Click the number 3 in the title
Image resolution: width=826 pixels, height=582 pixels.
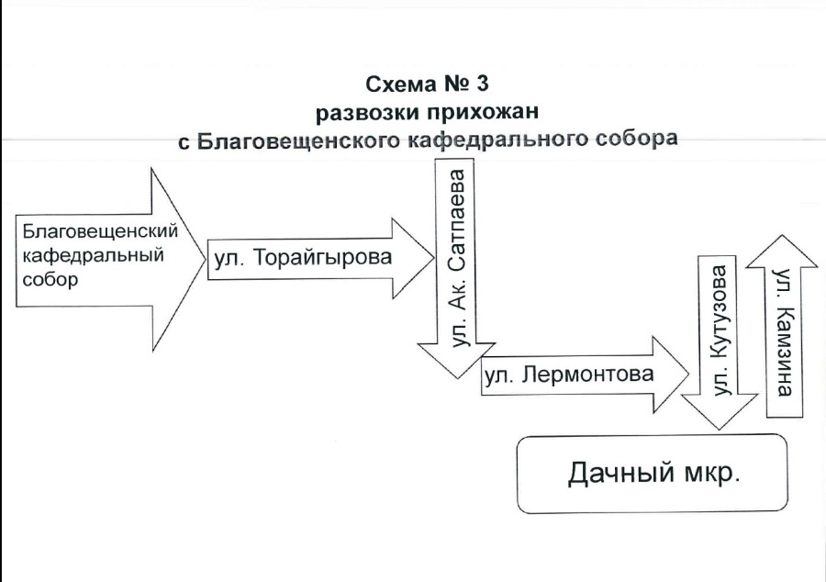pyautogui.click(x=482, y=84)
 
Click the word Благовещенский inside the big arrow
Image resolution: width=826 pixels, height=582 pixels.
pyautogui.click(x=98, y=229)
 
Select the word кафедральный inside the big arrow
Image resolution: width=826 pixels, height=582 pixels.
pyautogui.click(x=91, y=254)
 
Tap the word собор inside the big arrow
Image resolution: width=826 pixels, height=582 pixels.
pyautogui.click(x=47, y=279)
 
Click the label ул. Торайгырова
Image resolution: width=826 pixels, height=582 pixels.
pyautogui.click(x=302, y=258)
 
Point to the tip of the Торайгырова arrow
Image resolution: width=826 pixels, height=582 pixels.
pyautogui.click(x=433, y=258)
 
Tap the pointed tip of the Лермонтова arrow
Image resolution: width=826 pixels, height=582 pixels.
pyautogui.click(x=688, y=375)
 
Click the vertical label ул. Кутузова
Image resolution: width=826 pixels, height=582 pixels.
pyautogui.click(x=721, y=330)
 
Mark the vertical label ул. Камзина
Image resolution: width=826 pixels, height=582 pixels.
pyautogui.click(x=782, y=331)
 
